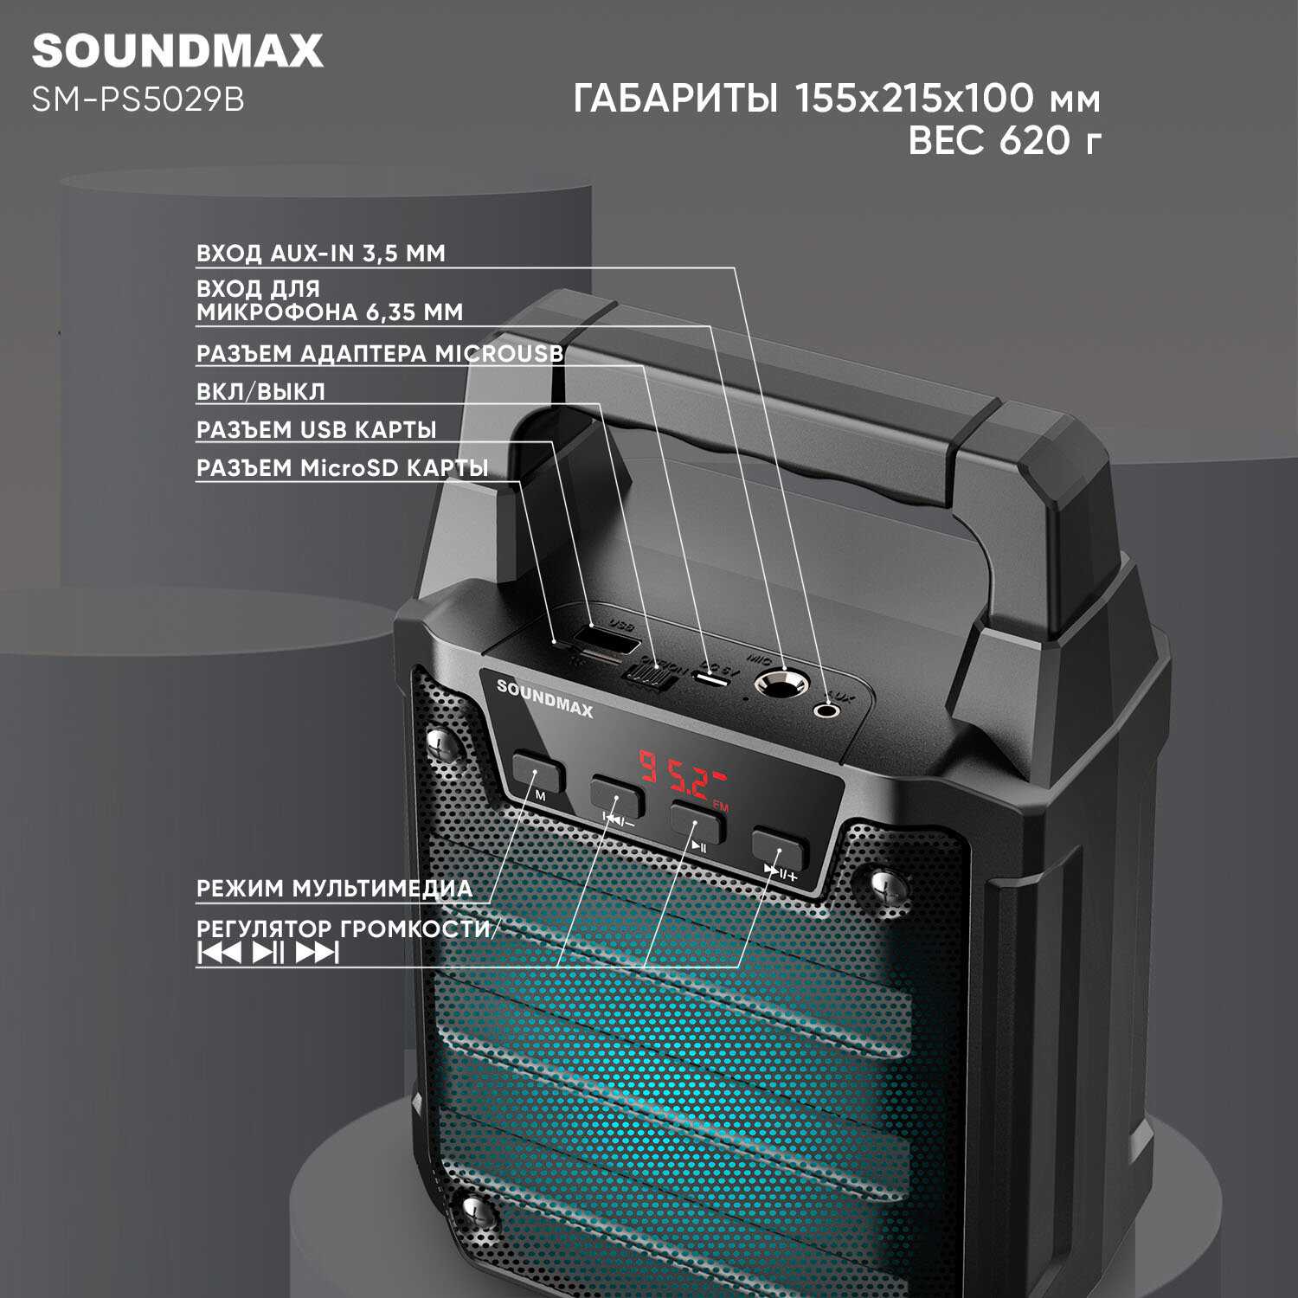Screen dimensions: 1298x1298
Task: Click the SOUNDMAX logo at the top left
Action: pos(177,51)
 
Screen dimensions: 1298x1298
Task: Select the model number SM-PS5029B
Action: pos(138,100)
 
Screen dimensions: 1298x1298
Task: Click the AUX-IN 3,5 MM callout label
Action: pos(320,254)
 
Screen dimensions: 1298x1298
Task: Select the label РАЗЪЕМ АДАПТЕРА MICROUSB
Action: pos(380,354)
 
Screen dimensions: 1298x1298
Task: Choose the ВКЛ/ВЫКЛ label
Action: pos(260,392)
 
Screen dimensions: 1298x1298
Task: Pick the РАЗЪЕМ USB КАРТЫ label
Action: pos(316,430)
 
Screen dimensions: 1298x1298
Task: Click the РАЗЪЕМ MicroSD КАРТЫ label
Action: pos(342,468)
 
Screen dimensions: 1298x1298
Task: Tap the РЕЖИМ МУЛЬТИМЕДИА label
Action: pos(334,889)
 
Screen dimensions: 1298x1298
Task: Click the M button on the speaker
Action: pos(537,772)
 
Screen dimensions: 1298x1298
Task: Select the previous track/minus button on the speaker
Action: pos(618,797)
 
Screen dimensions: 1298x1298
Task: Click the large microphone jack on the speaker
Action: pos(781,684)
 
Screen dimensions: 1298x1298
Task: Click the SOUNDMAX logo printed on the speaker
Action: pos(545,698)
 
